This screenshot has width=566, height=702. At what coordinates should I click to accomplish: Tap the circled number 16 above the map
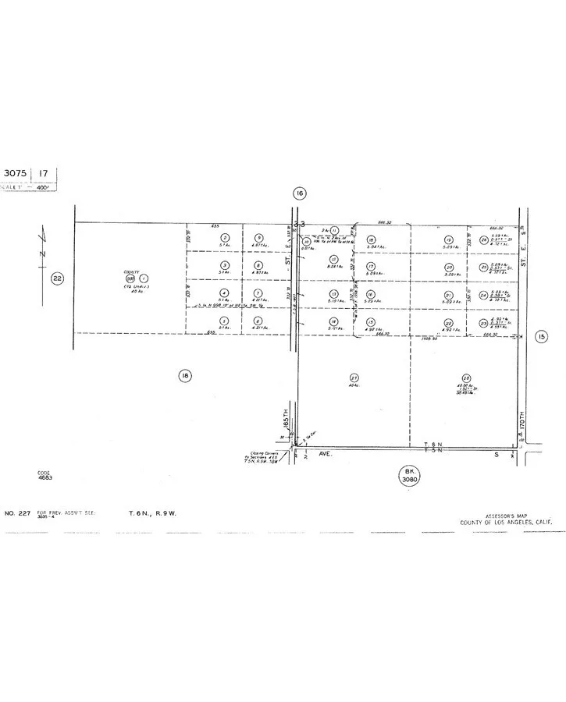tap(298, 193)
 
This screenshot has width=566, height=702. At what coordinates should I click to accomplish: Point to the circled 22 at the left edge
tap(57, 278)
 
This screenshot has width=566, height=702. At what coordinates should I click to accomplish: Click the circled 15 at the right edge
tap(542, 336)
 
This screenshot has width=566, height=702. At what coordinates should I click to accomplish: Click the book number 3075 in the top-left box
tap(16, 173)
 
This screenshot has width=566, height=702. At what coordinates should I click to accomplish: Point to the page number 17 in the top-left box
tap(44, 173)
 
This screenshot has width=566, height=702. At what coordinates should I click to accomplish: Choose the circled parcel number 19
tap(448, 239)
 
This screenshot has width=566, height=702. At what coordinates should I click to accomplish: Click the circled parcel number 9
tap(258, 238)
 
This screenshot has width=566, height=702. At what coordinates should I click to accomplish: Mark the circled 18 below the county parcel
tap(184, 376)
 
